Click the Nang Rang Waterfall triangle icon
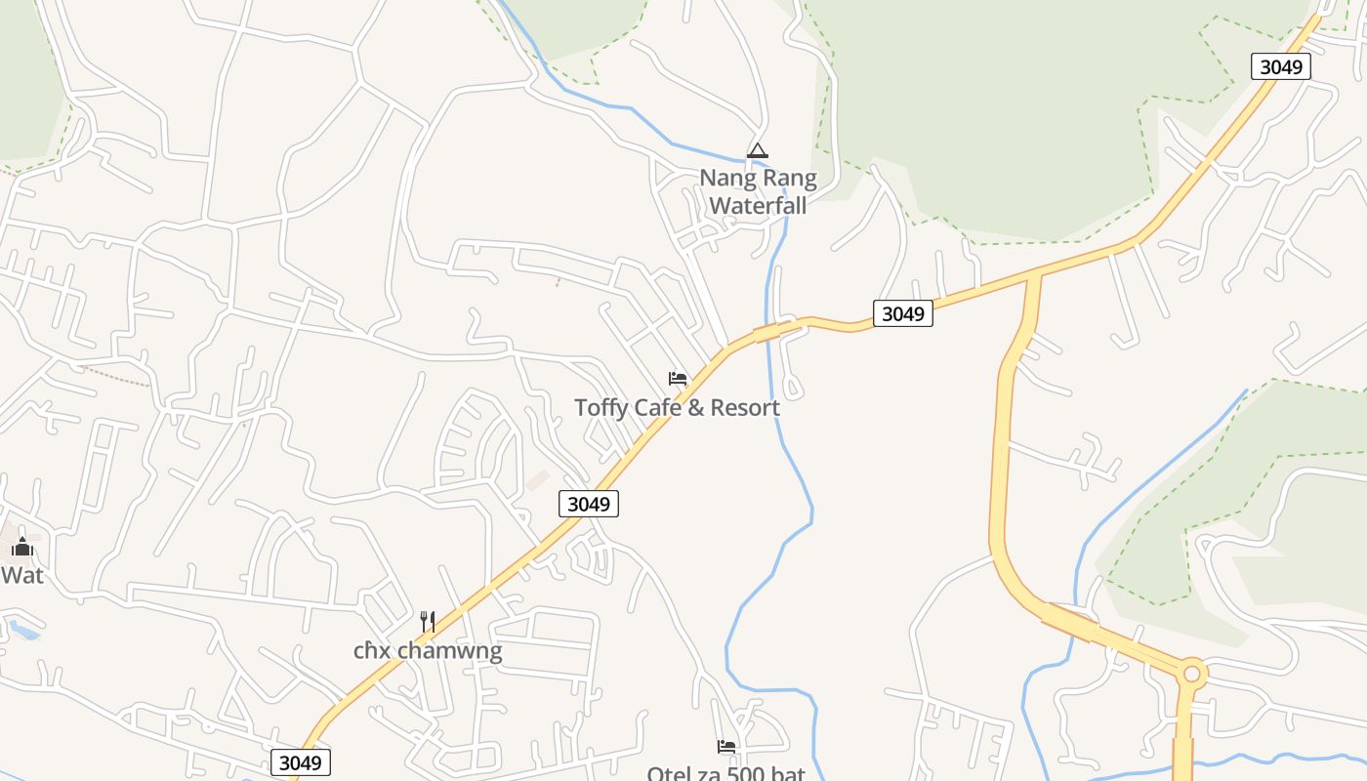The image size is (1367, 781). [x=757, y=151]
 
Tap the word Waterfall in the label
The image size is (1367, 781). [x=758, y=206]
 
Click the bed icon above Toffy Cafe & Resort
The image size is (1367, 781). [x=678, y=379]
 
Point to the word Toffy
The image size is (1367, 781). [x=601, y=408]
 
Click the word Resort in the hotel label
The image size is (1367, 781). [x=745, y=408]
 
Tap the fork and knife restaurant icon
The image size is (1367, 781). [x=427, y=621]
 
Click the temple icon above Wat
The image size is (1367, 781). [x=21, y=547]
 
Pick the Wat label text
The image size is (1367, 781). [x=21, y=576]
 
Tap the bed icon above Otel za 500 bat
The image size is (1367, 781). [x=726, y=747]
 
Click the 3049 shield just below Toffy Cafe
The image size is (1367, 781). [x=589, y=504]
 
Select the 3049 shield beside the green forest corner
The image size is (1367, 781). [x=1280, y=66]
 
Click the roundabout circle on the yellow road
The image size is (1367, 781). [x=1191, y=673]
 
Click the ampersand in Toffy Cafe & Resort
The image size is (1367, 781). [x=695, y=408]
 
